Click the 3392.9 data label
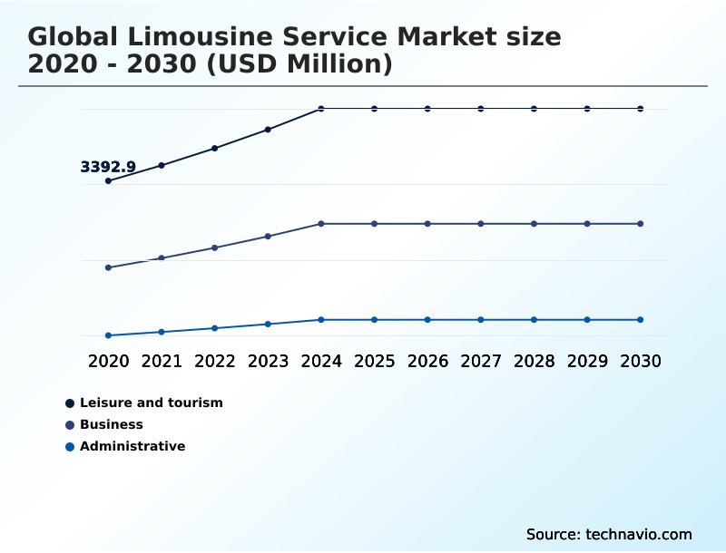[108, 167]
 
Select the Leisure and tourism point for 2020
[108, 181]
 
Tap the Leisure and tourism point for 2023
[268, 130]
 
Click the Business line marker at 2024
[321, 224]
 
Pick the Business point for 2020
[108, 267]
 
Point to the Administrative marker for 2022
[215, 328]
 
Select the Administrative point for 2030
[641, 320]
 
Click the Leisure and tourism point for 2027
[481, 109]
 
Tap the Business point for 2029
[587, 224]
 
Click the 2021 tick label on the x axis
[162, 361]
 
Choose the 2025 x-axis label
[374, 361]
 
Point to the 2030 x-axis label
[641, 361]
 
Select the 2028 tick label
[534, 361]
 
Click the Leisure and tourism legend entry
[151, 403]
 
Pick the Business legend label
[111, 424]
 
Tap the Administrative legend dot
[70, 446]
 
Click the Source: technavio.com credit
[609, 534]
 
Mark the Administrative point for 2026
[427, 320]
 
